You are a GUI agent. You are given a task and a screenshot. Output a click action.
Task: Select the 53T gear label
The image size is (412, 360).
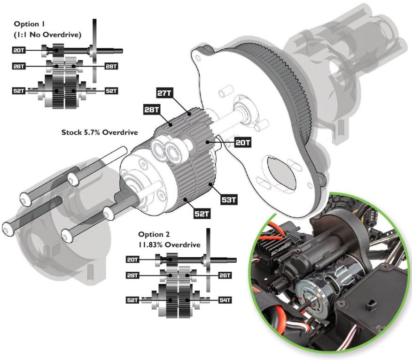coord(229,200)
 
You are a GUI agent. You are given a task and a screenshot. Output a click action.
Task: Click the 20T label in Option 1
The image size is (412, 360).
coord(20,49)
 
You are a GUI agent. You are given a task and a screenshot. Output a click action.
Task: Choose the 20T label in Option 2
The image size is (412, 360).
coord(133,259)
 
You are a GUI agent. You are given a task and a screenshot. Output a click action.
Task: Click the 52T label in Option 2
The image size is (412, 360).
coord(133,299)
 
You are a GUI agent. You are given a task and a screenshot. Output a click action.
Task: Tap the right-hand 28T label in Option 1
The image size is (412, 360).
coord(112,67)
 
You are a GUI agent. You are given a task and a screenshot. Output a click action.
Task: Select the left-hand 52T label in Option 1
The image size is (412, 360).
coord(20,91)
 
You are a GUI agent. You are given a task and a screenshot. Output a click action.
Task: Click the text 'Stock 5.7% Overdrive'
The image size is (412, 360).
coord(100,133)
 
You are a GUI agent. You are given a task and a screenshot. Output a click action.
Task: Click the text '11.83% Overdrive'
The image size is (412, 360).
coord(169,245)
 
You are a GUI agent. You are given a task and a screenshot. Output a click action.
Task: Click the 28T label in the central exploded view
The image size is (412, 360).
coord(152,110)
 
